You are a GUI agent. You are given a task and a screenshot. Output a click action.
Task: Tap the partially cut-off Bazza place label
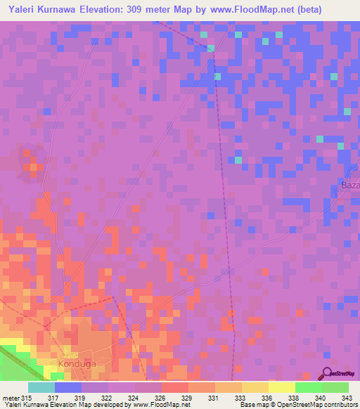pos(349,185)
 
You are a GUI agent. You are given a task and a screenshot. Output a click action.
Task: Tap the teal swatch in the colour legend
pos(41,387)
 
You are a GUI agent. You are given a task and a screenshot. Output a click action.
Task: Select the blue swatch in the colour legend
pos(67,387)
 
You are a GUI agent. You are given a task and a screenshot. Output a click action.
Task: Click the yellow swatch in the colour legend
pos(281,387)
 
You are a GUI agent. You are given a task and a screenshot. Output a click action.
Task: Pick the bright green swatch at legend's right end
pos(335,387)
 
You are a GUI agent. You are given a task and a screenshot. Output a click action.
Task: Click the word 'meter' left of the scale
pos(11,398)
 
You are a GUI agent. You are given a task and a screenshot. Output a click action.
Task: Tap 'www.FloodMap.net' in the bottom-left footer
pos(150,405)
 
